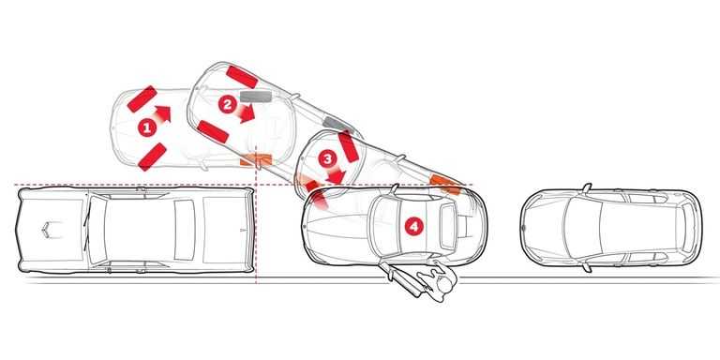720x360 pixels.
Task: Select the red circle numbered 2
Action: point(226,105)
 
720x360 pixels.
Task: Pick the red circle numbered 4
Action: point(412,225)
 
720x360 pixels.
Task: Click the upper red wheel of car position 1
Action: point(142,97)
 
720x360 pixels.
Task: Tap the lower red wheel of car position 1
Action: point(152,156)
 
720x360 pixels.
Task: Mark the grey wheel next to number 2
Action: point(254,96)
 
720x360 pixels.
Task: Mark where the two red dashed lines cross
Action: point(256,185)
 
